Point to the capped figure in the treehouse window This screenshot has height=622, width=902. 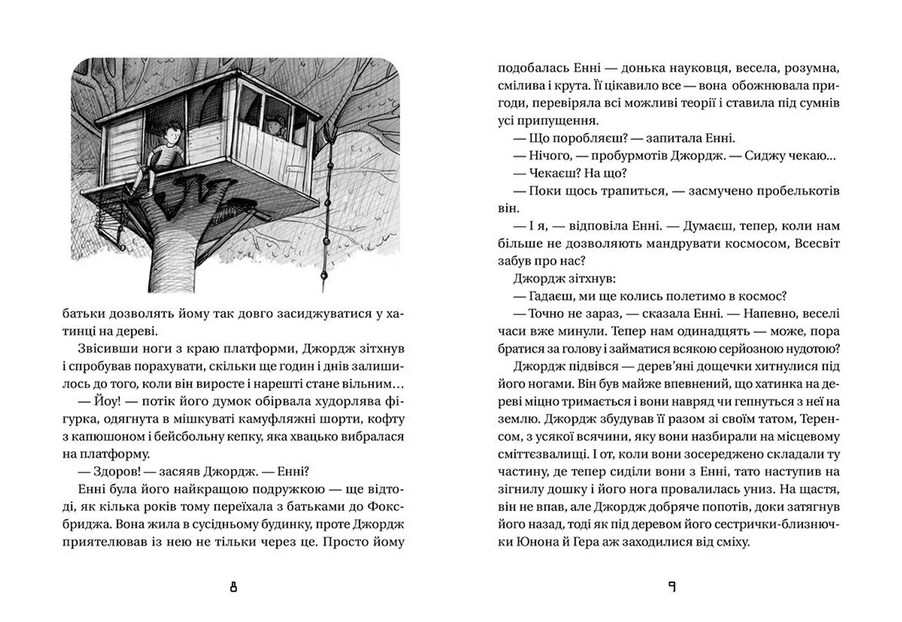(x=274, y=126)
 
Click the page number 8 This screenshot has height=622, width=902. (x=233, y=587)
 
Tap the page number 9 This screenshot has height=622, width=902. (x=672, y=587)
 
